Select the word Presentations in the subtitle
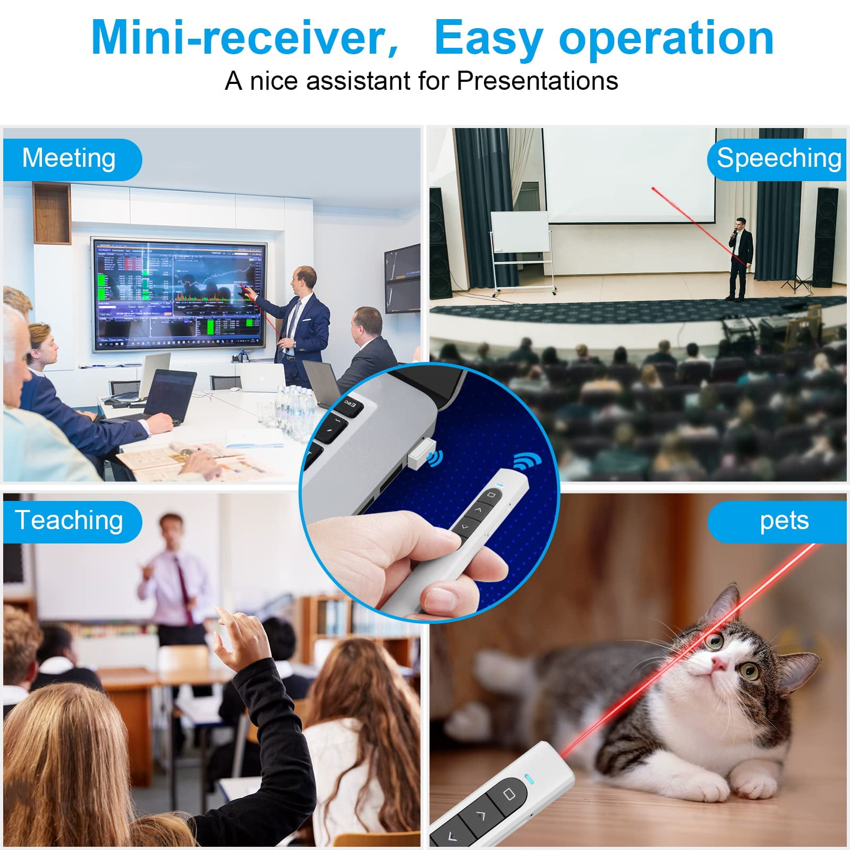pos(537,81)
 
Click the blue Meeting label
pos(72,159)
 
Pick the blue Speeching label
pos(777,159)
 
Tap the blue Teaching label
pos(72,522)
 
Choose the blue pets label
pos(777,522)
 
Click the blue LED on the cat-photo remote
pos(528,779)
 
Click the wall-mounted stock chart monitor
pos(178,294)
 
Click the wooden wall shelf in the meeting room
pos(52,212)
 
